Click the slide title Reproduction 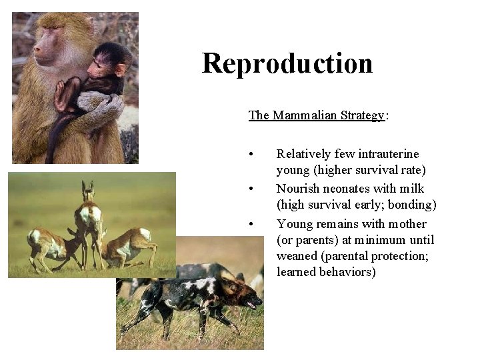click(287, 63)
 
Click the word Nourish click(297, 189)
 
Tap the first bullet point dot click(251, 155)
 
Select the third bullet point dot click(251, 224)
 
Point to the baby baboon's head click(107, 63)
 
